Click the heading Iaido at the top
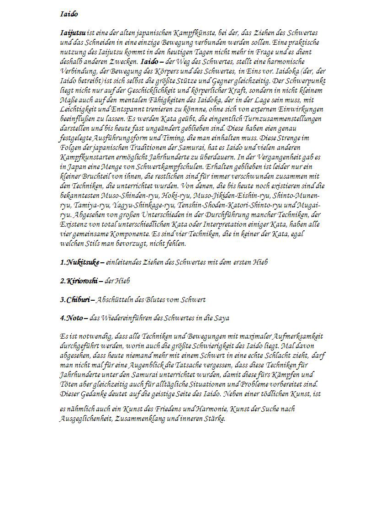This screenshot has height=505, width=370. (69, 14)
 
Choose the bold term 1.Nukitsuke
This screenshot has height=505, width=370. (79, 262)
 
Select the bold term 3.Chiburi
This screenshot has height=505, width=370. (75, 300)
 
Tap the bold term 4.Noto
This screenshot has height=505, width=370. (71, 318)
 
